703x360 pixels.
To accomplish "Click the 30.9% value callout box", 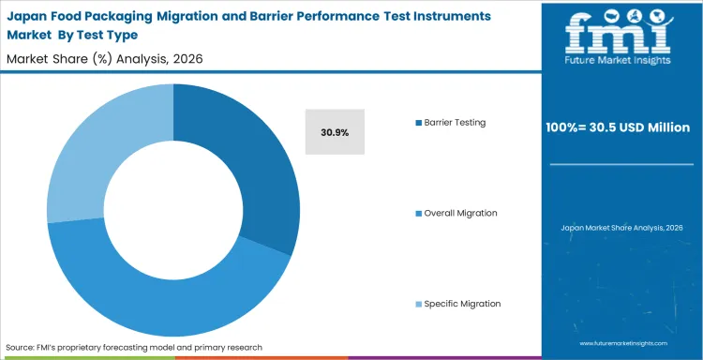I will (335, 132).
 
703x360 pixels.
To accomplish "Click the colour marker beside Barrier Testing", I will (418, 123).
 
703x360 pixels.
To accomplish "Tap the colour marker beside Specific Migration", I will (418, 304).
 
